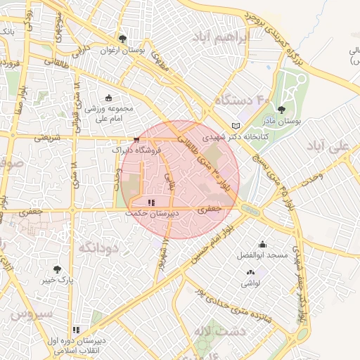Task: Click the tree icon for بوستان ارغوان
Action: click(x=122, y=39)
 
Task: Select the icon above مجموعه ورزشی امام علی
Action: click(x=108, y=98)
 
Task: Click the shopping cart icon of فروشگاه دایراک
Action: click(x=136, y=140)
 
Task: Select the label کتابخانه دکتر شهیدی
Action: click(x=232, y=137)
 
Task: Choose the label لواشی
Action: click(x=251, y=283)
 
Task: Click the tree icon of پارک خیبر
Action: click(x=57, y=269)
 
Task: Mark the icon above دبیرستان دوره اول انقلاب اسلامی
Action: click(x=76, y=329)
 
